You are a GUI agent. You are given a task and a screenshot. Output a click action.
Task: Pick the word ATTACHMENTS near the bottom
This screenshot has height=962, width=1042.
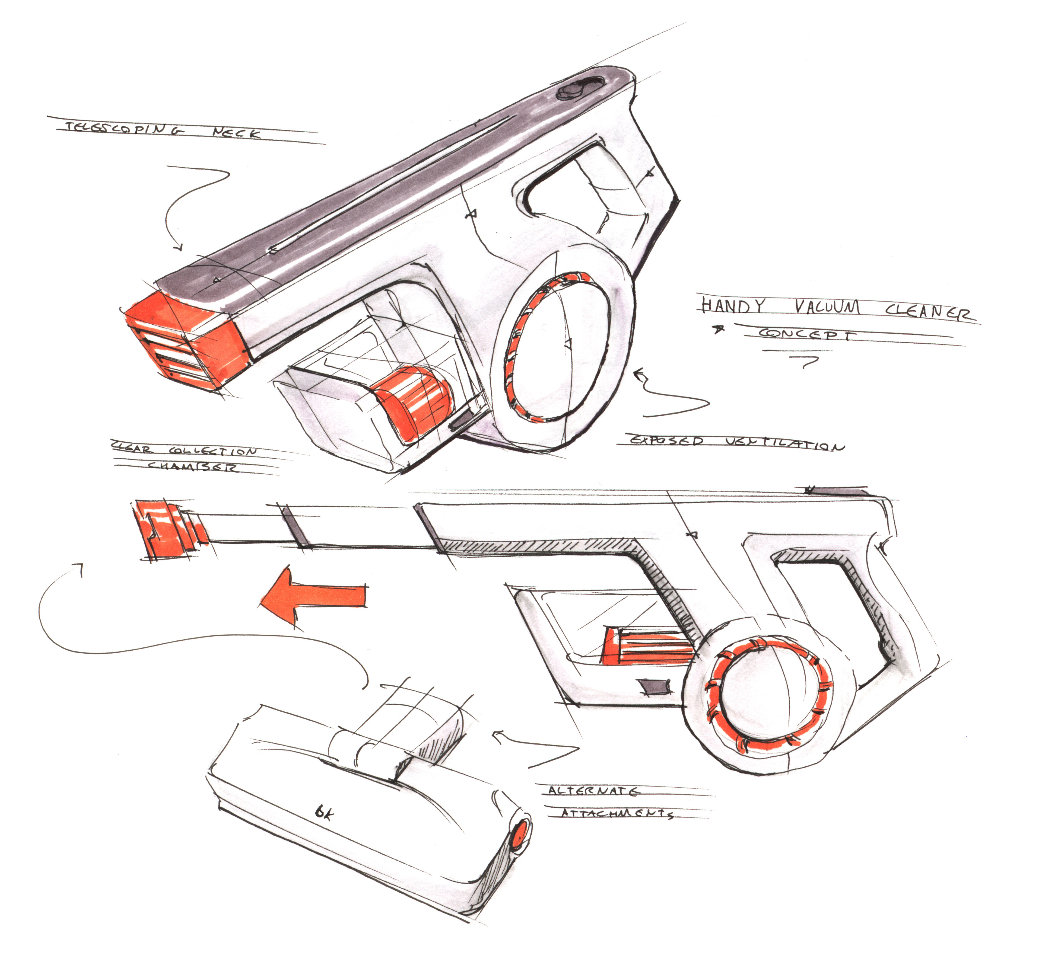point(617,813)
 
